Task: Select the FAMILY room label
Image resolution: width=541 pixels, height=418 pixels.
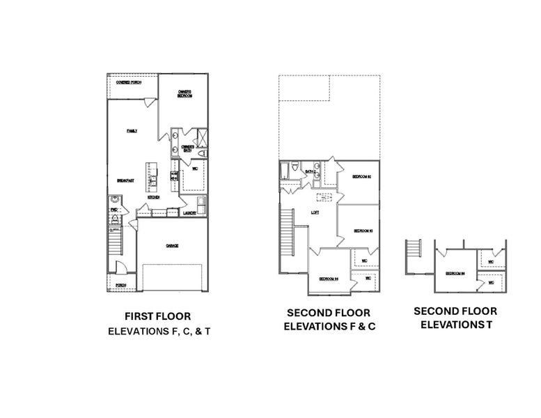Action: tap(132, 130)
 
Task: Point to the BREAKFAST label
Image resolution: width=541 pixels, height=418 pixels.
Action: tap(125, 180)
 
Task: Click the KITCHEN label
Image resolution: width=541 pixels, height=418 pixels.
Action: tap(155, 198)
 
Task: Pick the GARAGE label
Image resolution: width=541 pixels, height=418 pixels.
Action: tap(172, 245)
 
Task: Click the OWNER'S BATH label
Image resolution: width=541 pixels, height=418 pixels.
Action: tap(187, 148)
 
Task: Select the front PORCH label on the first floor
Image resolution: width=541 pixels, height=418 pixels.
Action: tap(121, 285)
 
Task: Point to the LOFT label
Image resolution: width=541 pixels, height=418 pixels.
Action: tap(315, 212)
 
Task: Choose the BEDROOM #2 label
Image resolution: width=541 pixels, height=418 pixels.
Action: tap(361, 177)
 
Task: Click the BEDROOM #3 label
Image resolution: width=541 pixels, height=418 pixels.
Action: tap(364, 231)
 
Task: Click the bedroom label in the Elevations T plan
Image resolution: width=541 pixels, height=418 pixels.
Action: tap(455, 273)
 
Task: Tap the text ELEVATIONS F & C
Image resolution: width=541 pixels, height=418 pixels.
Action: tap(330, 326)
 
